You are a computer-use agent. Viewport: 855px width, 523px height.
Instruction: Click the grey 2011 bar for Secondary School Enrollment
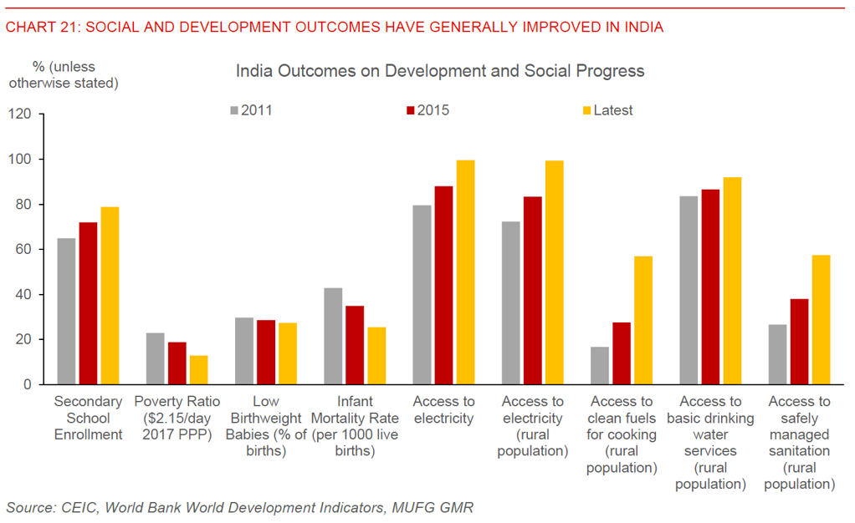(66, 311)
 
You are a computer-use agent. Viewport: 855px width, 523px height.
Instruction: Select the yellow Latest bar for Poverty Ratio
(198, 370)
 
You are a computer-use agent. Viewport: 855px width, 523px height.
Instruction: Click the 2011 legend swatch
(234, 110)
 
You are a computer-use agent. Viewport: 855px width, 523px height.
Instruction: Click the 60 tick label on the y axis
(23, 250)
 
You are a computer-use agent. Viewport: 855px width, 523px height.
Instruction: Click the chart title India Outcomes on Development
(440, 71)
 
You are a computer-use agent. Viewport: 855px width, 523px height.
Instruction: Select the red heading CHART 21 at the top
(334, 27)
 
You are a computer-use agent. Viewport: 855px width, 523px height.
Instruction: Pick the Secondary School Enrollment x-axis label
(88, 419)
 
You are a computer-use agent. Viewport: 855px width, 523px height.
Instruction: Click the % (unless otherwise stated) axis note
(64, 74)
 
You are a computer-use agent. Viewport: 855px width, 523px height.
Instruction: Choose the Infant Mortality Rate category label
(355, 427)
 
